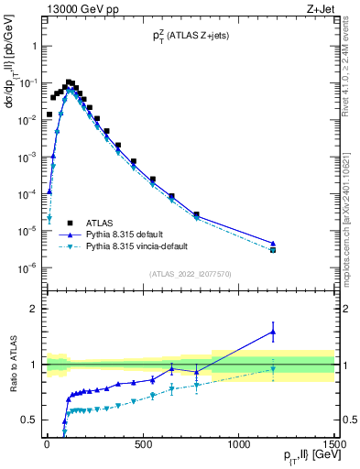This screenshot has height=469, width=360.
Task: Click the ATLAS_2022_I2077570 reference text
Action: [x=189, y=274]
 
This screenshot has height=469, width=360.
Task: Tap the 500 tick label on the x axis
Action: [x=143, y=444]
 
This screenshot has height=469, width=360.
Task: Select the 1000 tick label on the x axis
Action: [x=239, y=444]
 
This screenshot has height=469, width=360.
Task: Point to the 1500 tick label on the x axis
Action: [x=335, y=444]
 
